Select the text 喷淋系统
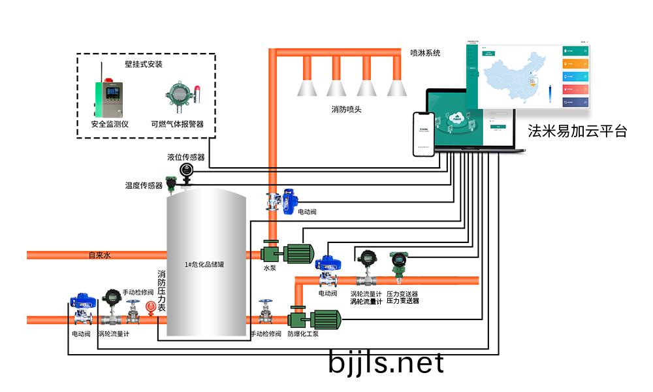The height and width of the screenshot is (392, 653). (x=425, y=53)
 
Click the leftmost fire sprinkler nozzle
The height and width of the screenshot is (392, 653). (x=306, y=86)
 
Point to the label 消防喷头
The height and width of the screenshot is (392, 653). (x=346, y=109)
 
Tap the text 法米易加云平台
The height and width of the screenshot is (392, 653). (x=577, y=131)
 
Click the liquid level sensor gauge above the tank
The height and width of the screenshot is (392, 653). (x=187, y=171)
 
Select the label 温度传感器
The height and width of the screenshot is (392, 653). (x=144, y=186)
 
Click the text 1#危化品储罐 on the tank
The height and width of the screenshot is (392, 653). (x=205, y=265)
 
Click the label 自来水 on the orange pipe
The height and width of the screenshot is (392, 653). (x=100, y=255)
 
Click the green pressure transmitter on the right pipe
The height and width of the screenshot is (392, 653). (x=396, y=263)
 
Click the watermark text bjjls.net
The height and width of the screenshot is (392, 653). (x=386, y=363)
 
